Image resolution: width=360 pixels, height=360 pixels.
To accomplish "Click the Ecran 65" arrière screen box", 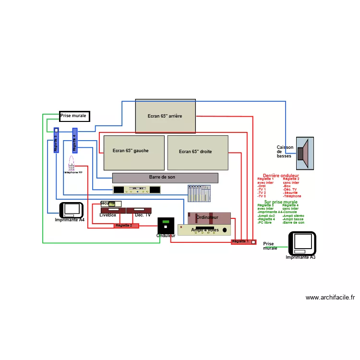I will pyautogui.click(x=165, y=116).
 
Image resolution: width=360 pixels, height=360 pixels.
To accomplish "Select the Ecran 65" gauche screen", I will pyautogui.click(x=134, y=152).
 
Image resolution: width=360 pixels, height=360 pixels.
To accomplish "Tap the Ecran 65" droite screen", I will pyautogui.click(x=198, y=153).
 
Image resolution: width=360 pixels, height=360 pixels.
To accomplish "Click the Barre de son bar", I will pyautogui.click(x=165, y=178).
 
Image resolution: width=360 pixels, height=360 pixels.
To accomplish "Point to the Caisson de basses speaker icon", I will pyautogui.click(x=304, y=153).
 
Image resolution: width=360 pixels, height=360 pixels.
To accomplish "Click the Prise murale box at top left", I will pyautogui.click(x=74, y=116).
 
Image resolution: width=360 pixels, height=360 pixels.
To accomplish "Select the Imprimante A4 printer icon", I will pyautogui.click(x=72, y=209).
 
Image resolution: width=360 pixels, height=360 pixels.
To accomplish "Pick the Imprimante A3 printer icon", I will pyautogui.click(x=302, y=243).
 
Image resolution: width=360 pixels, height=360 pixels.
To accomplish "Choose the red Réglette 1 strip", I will pyautogui.click(x=243, y=242).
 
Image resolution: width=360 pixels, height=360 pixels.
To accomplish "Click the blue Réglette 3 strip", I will pyautogui.click(x=56, y=140).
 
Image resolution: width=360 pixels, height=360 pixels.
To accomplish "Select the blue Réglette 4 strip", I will pyautogui.click(x=75, y=140).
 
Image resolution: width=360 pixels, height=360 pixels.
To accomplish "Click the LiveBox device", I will pyautogui.click(x=113, y=210).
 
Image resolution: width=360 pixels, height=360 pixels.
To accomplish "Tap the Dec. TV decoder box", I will pyautogui.click(x=139, y=210).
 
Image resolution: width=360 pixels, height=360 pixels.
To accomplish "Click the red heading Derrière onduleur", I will pyautogui.click(x=281, y=176).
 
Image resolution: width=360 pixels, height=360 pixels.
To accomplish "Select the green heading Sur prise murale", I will pyautogui.click(x=281, y=202).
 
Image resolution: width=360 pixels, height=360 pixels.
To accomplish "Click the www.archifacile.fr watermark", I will pyautogui.click(x=330, y=298).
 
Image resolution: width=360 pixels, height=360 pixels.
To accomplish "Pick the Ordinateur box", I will pyautogui.click(x=209, y=218).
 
